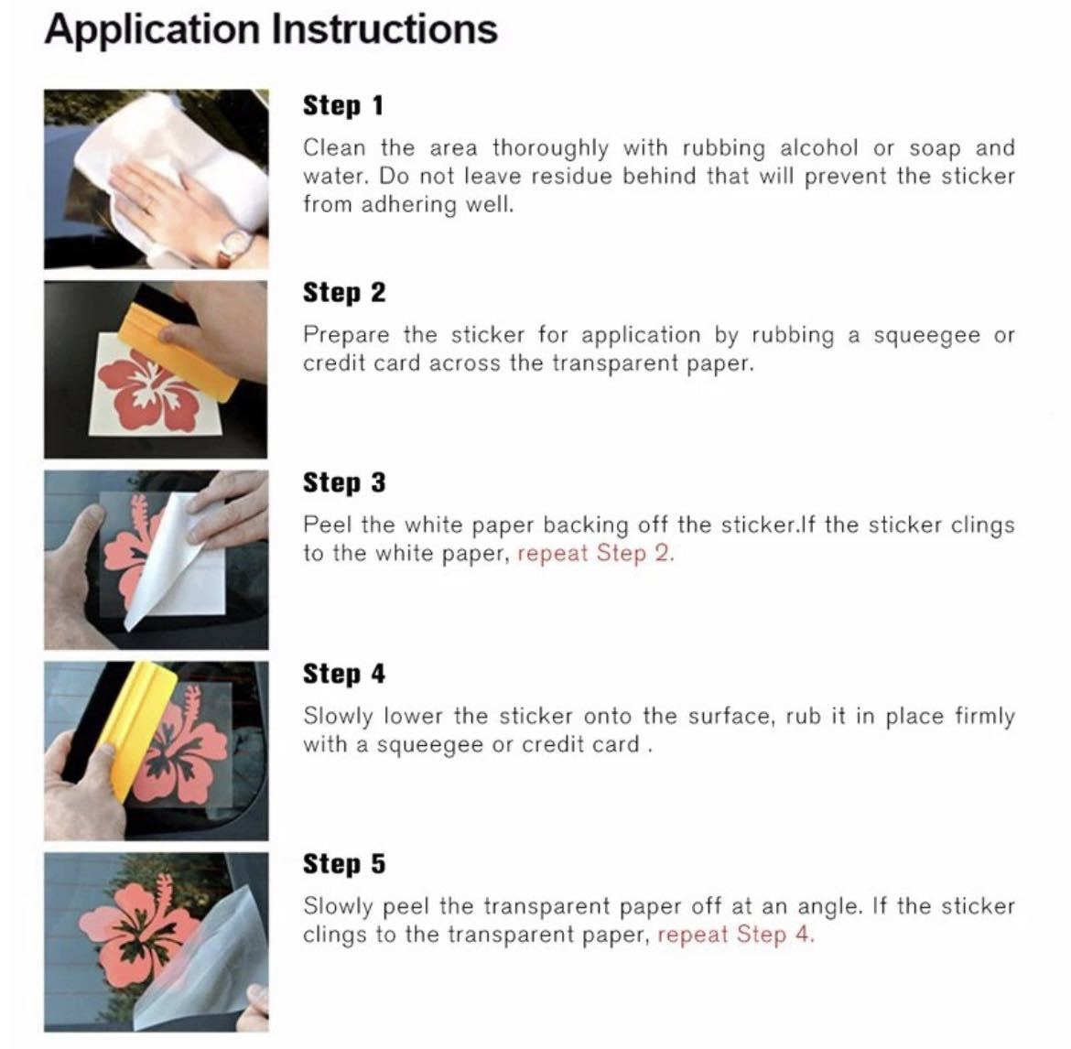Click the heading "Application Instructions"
pos(271,30)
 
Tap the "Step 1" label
pos(343,106)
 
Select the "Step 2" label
pos(344,293)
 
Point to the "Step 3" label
pos(344,482)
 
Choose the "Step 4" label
pos(344,674)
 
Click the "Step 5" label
pos(344,864)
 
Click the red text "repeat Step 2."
pos(596,553)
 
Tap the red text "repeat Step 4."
pos(736,935)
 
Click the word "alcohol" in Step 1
pos(818,148)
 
